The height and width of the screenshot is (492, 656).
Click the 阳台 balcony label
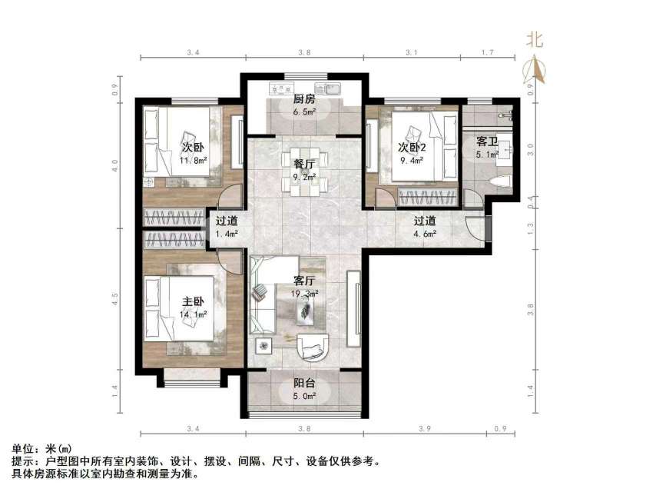pos(305,384)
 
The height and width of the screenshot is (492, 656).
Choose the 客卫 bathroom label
pos(487,141)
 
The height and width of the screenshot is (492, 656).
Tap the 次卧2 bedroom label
pos(412,148)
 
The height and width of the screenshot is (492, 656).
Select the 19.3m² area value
pos(305,294)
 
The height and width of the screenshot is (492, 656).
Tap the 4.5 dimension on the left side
pos(115,299)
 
